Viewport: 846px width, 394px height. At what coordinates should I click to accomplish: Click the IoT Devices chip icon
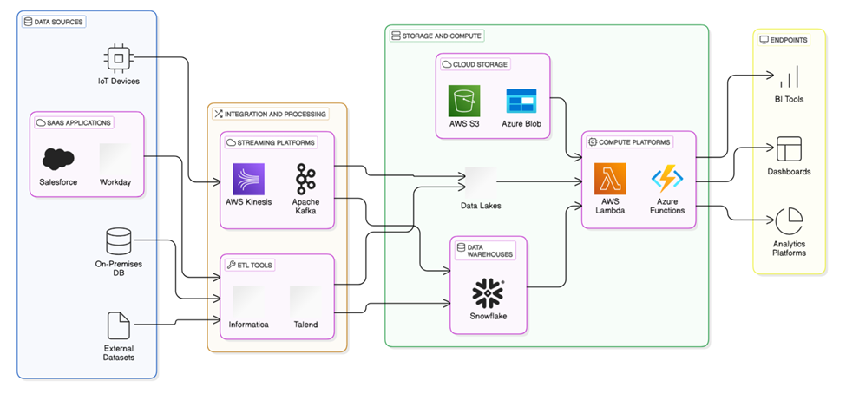point(117,58)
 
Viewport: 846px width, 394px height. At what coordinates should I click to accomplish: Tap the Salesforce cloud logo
point(58,159)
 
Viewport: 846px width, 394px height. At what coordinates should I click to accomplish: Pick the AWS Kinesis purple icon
point(248,179)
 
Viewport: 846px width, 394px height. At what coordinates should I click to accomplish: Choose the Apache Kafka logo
point(305,179)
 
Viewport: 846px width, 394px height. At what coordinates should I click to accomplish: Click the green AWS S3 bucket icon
point(464,101)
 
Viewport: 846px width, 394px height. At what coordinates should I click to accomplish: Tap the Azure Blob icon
point(521,101)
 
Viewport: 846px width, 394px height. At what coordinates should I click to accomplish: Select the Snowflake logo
point(489,294)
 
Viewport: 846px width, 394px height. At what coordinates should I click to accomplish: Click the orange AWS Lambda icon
point(610,179)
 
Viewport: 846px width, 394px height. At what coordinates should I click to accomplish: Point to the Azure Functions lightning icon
point(667,179)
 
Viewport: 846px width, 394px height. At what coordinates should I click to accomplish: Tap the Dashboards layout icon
point(789,148)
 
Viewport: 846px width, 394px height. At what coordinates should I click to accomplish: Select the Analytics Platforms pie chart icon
point(789,221)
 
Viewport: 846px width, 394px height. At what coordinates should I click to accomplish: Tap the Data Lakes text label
point(481,206)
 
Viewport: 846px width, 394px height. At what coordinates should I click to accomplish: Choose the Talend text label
point(305,325)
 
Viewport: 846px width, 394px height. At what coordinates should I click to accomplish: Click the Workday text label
point(115,183)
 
